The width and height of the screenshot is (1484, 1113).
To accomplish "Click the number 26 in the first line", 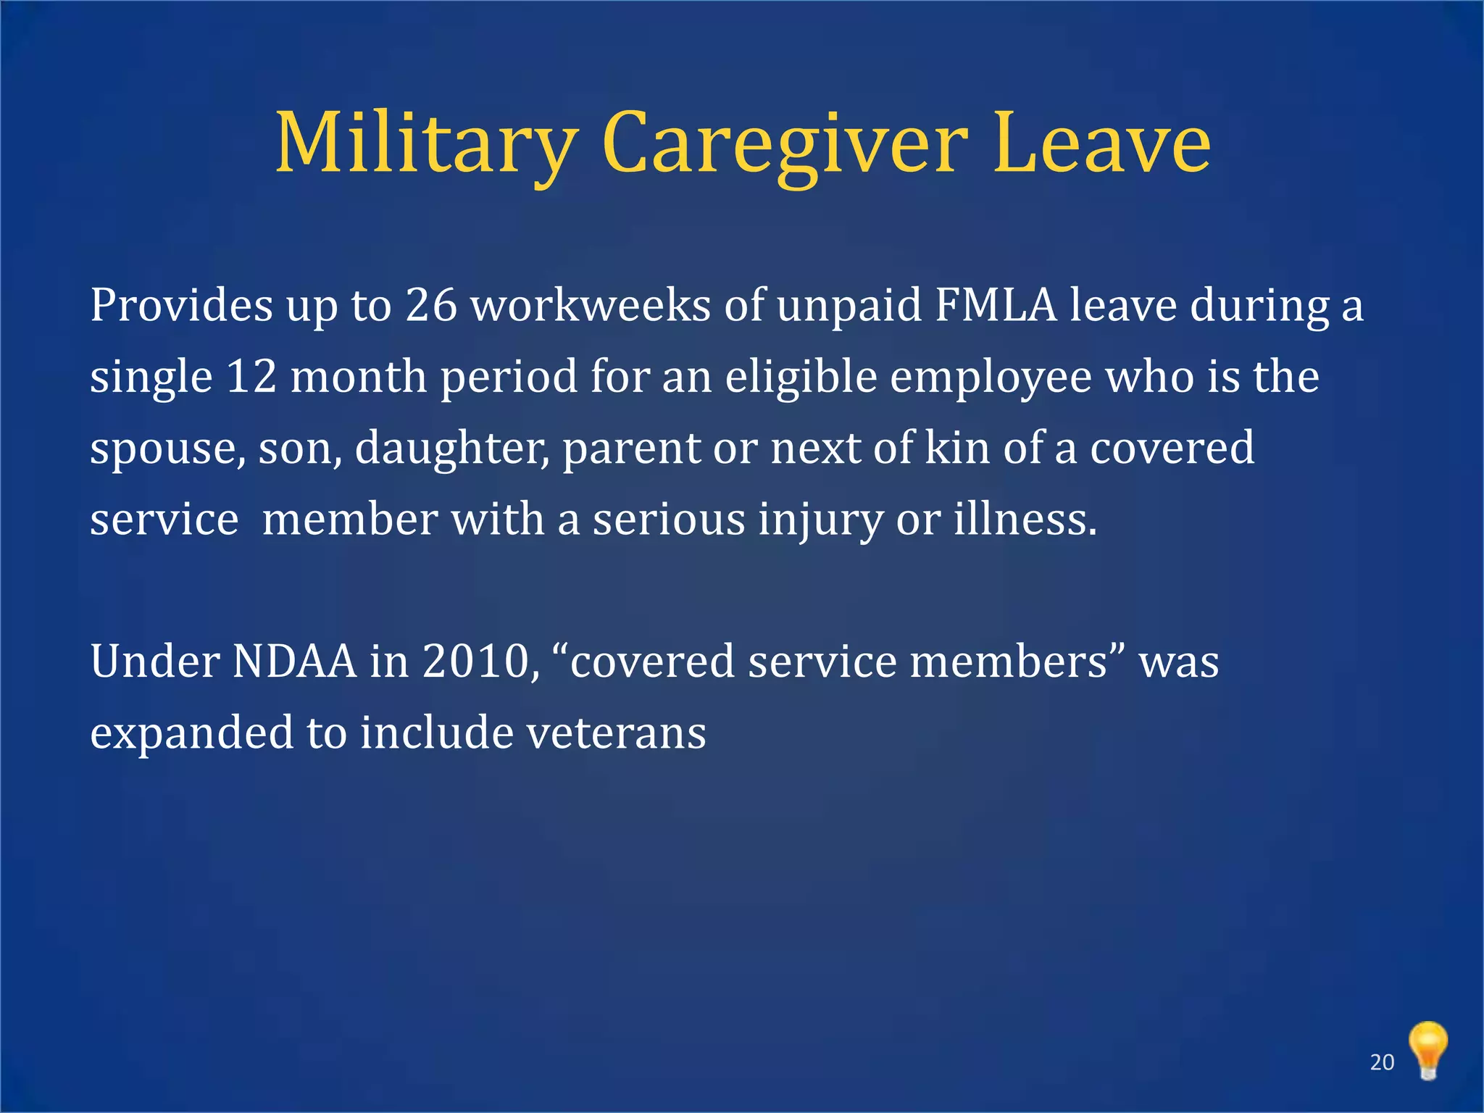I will point(431,305).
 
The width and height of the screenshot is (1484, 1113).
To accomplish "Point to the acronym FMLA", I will point(996,305).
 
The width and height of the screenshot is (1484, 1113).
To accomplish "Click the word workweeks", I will point(591,305).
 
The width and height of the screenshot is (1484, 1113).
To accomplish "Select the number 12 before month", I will point(251,377).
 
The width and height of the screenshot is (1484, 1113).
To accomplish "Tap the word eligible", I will point(801,377).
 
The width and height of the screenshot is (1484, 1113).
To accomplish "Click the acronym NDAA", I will point(295,662).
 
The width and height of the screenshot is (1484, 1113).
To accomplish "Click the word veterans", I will point(616,733).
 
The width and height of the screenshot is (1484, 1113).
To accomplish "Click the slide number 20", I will point(1382,1062).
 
